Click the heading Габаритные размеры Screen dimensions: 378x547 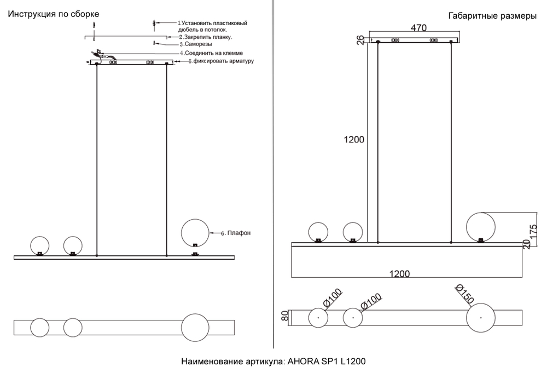click(492, 16)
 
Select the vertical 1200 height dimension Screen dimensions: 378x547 click(354, 140)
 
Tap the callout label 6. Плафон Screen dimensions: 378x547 click(236, 233)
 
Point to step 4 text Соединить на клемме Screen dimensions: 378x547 click(213, 53)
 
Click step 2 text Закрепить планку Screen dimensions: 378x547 click(208, 37)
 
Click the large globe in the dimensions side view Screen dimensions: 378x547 click(481, 225)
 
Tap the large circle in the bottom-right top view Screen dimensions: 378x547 click(481, 318)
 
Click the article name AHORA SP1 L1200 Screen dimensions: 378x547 click(273, 362)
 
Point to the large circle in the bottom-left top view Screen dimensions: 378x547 click(195, 327)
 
